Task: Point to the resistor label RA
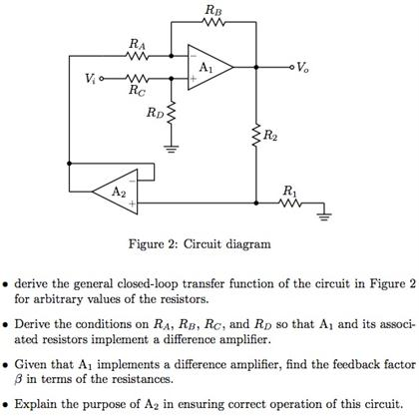[x=137, y=43]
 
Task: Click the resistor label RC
[x=137, y=89]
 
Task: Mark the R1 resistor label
[x=289, y=189]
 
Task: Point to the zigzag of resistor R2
[x=256, y=133]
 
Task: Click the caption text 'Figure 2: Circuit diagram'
[x=208, y=243]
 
